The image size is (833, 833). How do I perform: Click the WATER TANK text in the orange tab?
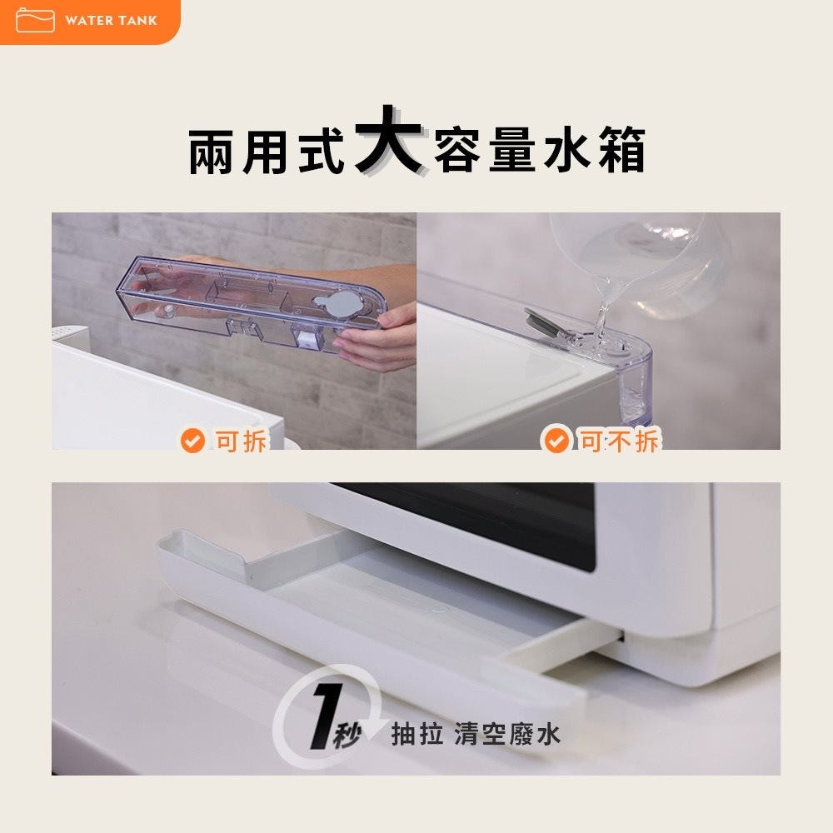(111, 21)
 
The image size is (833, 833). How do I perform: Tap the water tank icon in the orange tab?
(35, 20)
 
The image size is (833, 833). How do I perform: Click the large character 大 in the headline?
(388, 140)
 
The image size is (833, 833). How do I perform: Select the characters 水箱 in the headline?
(594, 151)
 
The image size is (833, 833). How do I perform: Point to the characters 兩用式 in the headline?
(266, 152)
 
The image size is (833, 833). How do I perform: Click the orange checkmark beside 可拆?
(192, 441)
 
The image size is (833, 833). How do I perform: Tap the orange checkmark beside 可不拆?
(556, 441)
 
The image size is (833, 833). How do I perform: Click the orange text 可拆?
(240, 441)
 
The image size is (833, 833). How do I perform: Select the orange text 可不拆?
(619, 441)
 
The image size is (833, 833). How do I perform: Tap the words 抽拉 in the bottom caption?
(417, 734)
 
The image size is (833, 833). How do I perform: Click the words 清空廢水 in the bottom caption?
(507, 734)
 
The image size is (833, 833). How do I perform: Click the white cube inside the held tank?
(307, 337)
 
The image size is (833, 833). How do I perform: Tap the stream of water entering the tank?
(602, 313)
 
